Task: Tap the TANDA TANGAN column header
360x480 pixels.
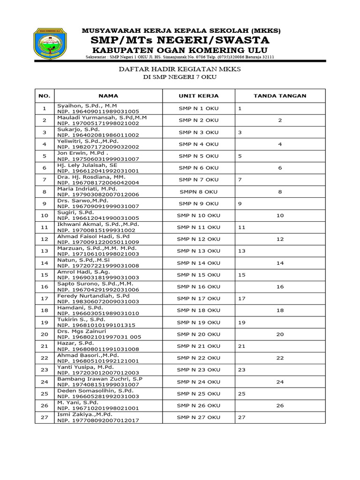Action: tap(280, 96)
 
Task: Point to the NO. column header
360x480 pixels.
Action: tap(45, 96)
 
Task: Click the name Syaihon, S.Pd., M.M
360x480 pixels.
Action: tap(87, 106)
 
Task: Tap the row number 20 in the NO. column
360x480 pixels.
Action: tap(45, 334)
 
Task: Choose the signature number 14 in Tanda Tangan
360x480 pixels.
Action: tap(280, 263)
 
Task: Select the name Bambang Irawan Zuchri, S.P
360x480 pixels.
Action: tap(100, 379)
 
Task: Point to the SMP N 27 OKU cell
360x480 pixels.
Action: tap(198, 417)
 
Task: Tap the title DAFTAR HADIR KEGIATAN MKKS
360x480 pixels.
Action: tap(180, 69)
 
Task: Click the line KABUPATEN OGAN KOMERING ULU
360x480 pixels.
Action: tap(180, 50)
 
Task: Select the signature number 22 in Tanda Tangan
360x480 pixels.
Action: tap(280, 358)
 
